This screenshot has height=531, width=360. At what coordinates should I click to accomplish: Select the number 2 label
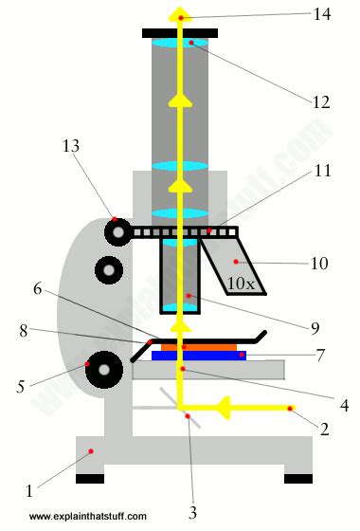coord(324,430)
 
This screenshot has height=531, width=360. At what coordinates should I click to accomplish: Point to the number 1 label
coord(29,491)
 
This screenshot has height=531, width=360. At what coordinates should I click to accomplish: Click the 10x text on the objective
coord(241,283)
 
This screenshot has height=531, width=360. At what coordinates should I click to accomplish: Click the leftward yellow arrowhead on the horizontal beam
coord(225,408)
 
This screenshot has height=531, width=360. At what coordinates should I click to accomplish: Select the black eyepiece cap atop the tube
coord(180,33)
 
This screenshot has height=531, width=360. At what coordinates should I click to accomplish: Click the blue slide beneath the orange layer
coord(199,357)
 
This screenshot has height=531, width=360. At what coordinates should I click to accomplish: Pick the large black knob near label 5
coord(102,367)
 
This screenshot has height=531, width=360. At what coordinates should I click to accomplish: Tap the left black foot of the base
coord(90,478)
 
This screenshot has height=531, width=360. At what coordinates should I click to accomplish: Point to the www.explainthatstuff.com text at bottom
coord(87,517)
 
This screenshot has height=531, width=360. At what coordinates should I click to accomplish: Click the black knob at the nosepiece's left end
coord(117,230)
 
